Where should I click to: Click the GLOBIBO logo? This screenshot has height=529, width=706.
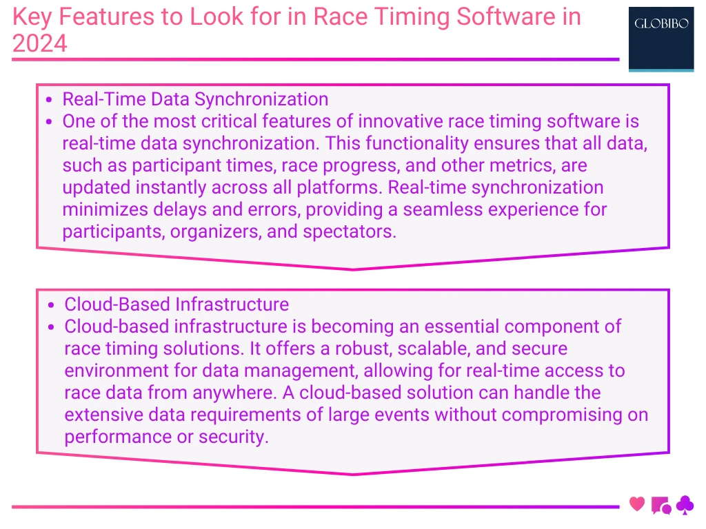660,38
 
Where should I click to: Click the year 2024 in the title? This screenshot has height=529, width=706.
40,43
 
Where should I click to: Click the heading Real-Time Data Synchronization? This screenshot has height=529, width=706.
195,99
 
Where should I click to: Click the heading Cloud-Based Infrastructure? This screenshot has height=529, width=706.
176,304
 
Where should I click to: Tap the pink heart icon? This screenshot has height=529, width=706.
637,504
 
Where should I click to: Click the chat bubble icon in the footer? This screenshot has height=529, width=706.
660,506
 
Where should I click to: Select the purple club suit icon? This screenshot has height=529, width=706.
685,506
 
